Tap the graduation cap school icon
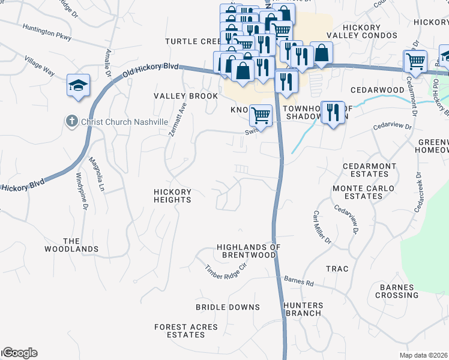point(78,86)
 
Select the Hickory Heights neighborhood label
point(172,196)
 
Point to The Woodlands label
point(71,245)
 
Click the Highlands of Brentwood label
point(249,251)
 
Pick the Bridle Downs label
point(228,307)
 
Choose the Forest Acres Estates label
point(186,331)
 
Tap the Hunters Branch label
point(304,309)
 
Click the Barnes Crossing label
point(397,291)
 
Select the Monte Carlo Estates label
point(364,192)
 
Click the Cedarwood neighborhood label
point(378,90)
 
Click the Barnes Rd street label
point(299,281)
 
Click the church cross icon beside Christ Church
point(71,121)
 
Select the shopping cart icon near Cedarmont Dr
point(415,61)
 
